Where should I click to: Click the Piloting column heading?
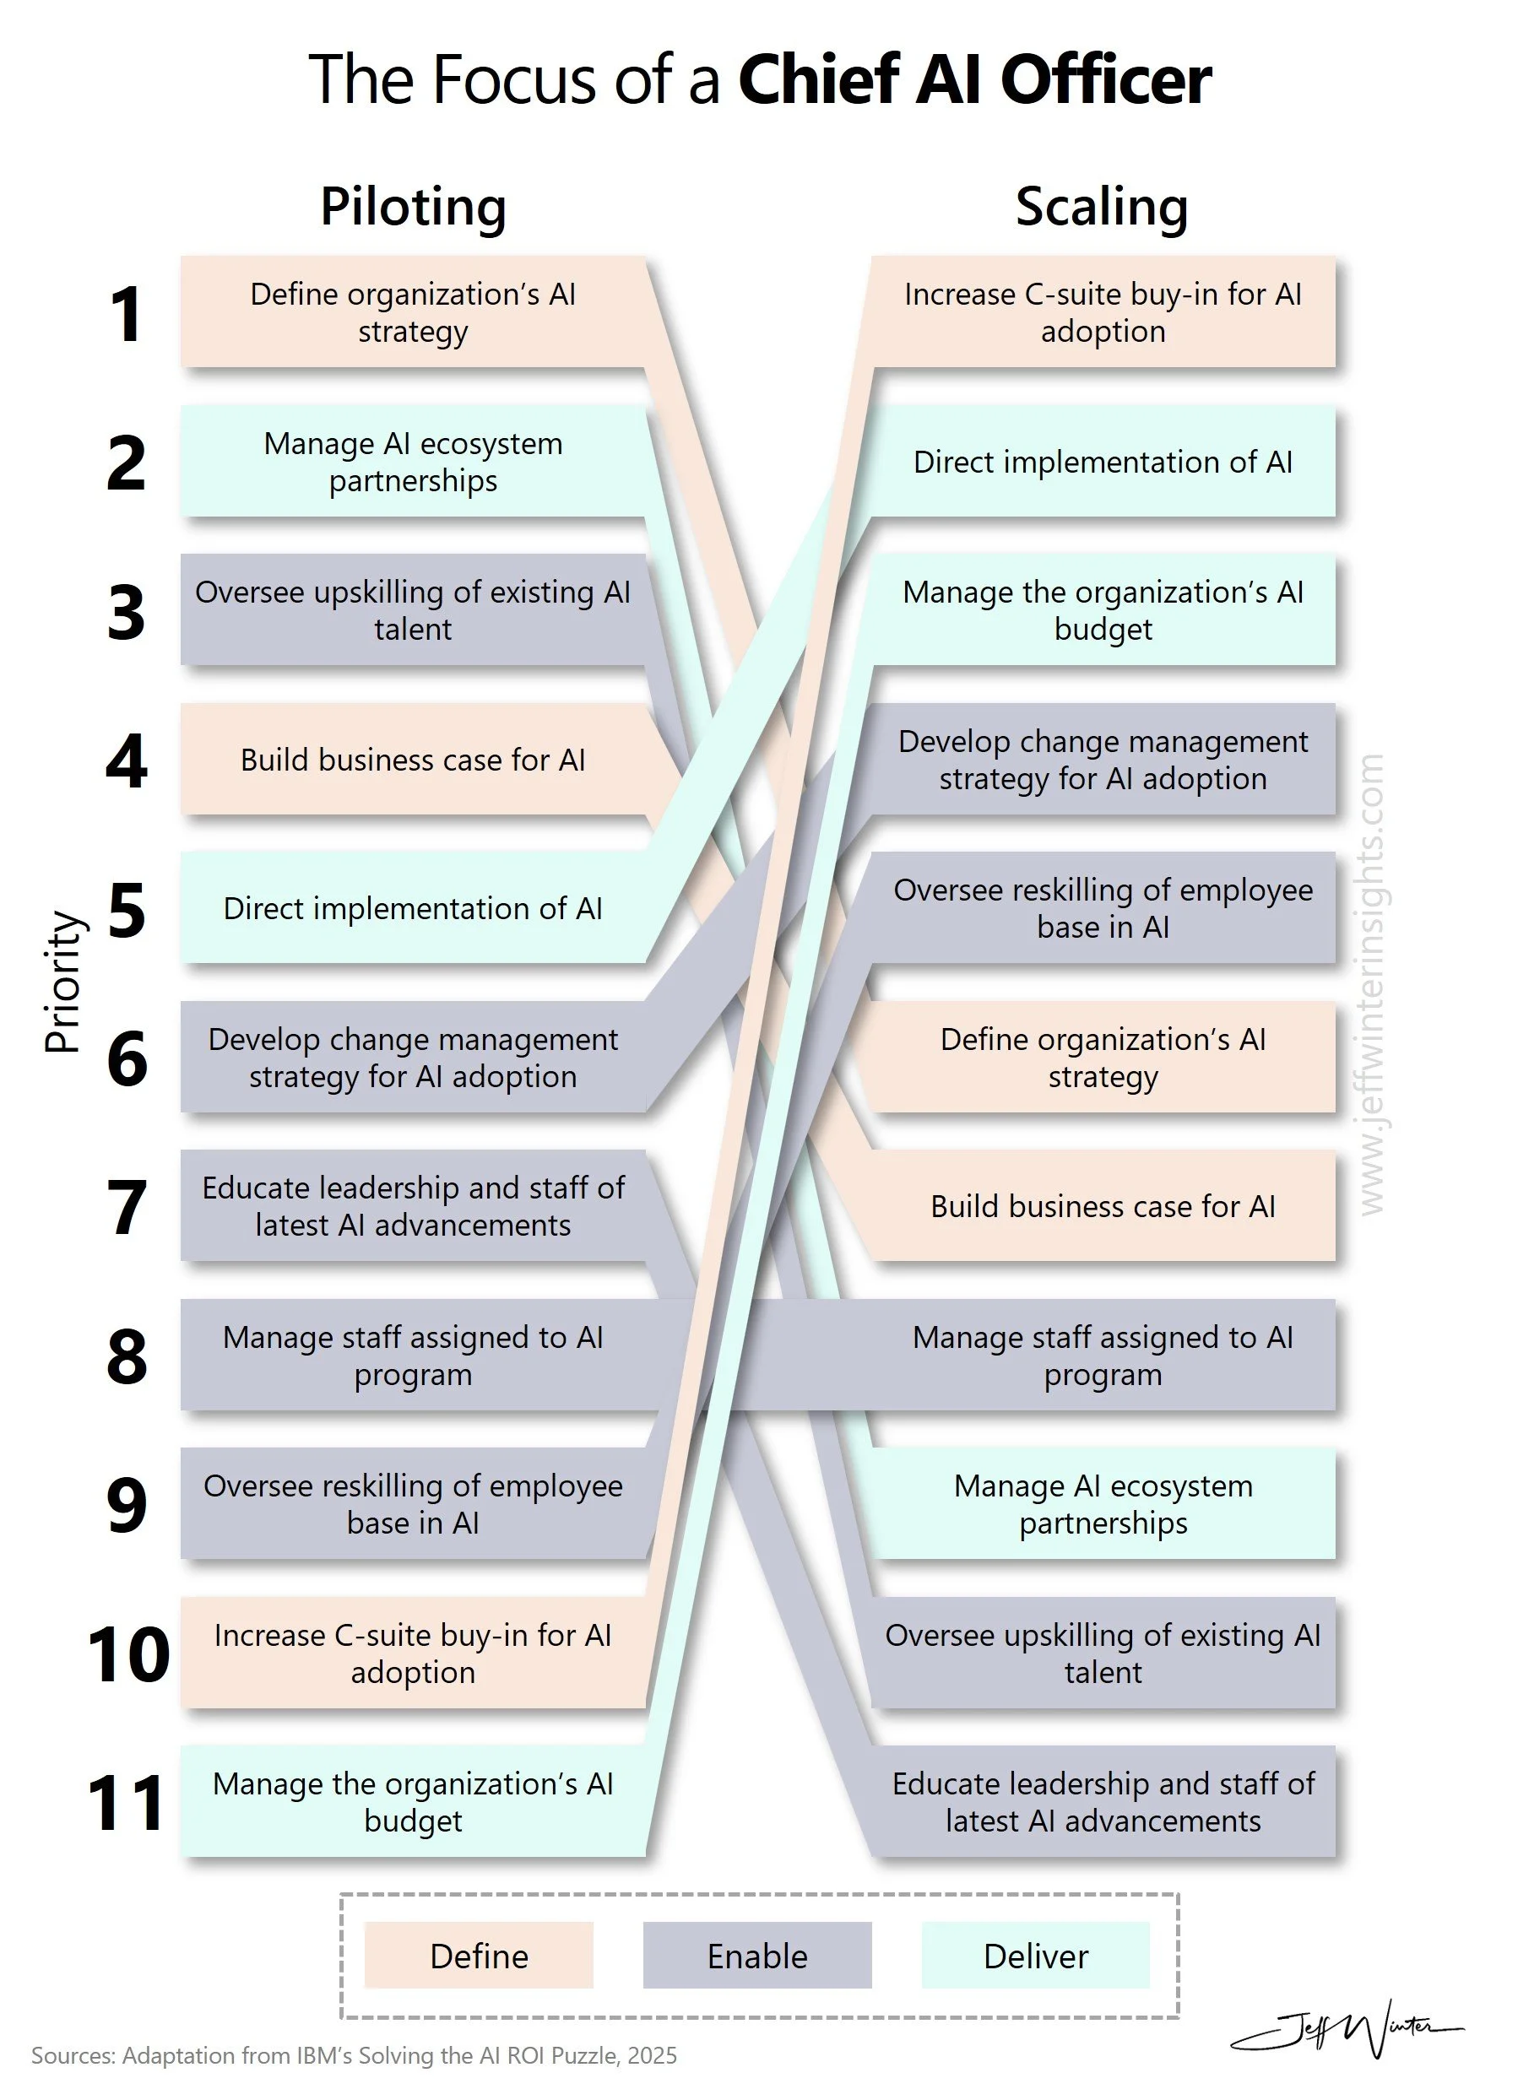[x=413, y=206]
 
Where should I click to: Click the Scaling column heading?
[x=1101, y=206]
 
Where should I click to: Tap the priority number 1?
[x=126, y=314]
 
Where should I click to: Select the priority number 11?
[x=126, y=1803]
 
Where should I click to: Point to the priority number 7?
[x=126, y=1207]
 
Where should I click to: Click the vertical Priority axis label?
[x=64, y=982]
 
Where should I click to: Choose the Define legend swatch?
[x=479, y=1956]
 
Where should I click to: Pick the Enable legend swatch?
[x=757, y=1956]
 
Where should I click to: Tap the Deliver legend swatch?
[x=1035, y=1956]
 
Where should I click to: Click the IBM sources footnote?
[x=354, y=2056]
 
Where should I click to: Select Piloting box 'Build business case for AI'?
[x=413, y=760]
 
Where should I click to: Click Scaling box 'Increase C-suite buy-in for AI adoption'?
[x=1103, y=312]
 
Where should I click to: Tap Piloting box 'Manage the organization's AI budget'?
[x=413, y=1802]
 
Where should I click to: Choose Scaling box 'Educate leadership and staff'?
[x=1103, y=1802]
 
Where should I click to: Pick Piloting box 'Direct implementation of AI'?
[x=413, y=908]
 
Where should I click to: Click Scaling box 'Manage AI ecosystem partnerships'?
[x=1103, y=1504]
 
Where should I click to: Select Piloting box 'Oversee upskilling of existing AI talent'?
[x=413, y=609]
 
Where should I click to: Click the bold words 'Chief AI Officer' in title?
[x=974, y=80]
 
